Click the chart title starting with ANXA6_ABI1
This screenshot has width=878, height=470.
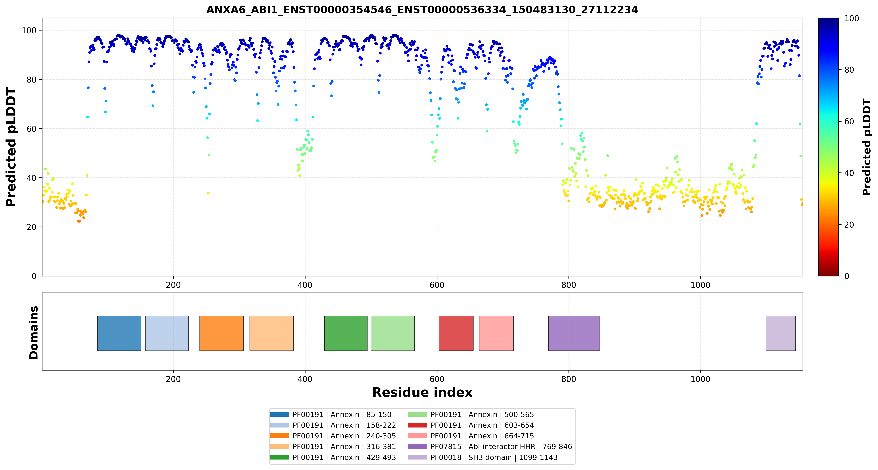click(x=422, y=10)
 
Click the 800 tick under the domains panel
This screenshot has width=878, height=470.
click(x=569, y=379)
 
